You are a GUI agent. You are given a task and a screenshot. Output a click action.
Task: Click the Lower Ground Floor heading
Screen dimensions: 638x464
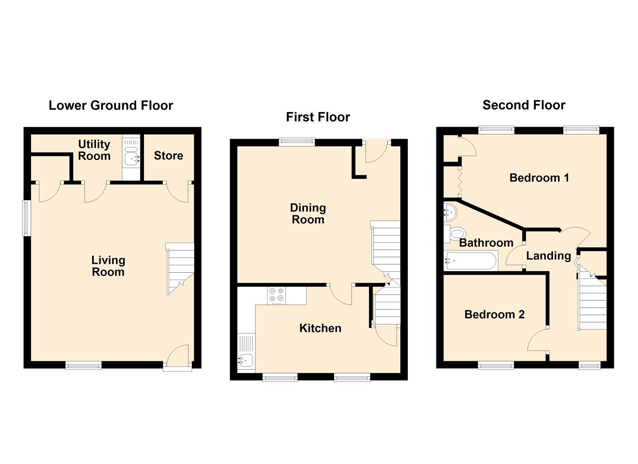point(111,106)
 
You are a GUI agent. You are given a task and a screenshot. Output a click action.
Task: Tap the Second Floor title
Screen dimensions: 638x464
point(524,105)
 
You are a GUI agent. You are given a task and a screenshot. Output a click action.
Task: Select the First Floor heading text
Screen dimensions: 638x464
point(318,117)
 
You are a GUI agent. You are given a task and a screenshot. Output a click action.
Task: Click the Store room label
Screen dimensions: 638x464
point(168,156)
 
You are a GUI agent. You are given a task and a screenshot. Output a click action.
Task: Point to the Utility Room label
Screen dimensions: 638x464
point(94,150)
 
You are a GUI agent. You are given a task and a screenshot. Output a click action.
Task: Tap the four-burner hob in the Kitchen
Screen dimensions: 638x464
point(276,295)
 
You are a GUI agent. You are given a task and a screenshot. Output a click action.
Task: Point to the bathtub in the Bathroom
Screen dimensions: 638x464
point(470,260)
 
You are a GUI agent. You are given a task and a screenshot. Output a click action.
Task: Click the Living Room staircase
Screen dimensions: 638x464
point(180,269)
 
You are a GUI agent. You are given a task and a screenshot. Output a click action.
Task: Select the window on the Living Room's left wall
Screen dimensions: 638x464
point(27,218)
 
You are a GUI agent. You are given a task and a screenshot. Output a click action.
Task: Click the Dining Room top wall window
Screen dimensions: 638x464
point(297,142)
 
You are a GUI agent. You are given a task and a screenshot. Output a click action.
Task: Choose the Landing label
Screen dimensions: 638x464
point(549,256)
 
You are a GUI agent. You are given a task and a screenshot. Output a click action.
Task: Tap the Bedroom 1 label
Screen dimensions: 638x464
point(539,178)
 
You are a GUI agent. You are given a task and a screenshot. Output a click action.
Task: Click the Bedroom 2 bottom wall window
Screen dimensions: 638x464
point(496,366)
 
